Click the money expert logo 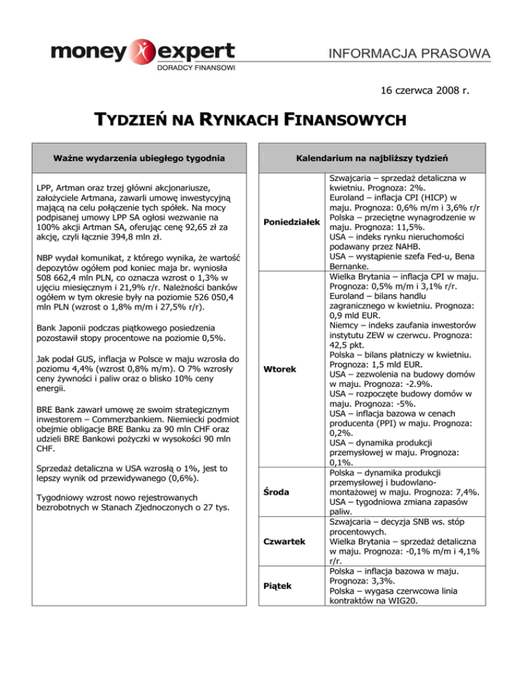[141, 54]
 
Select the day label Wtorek [281, 370]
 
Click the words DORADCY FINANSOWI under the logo [197, 68]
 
